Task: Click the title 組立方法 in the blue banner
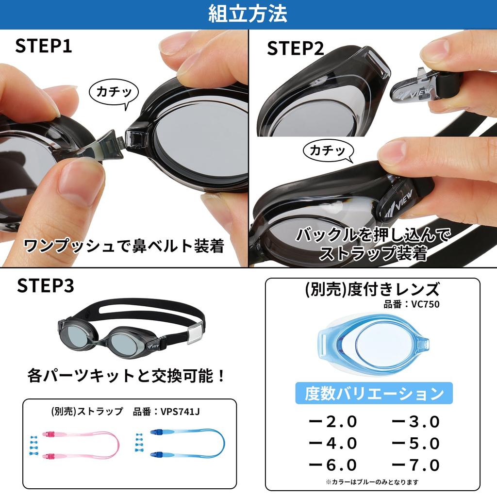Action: pyautogui.click(x=248, y=14)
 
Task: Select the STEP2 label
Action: pyautogui.click(x=295, y=49)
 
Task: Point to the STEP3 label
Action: pyautogui.click(x=46, y=286)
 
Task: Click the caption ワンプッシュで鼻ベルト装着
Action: pyautogui.click(x=124, y=246)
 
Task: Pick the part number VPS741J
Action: pyautogui.click(x=181, y=412)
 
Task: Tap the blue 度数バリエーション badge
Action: pyautogui.click(x=374, y=393)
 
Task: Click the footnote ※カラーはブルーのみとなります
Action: pyautogui.click(x=372, y=482)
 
